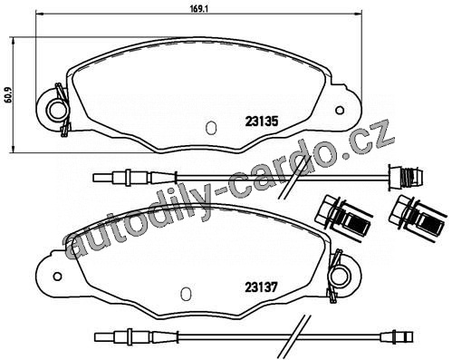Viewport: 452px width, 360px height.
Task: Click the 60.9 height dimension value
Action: (8, 95)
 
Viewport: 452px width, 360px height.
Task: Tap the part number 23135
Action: (261, 122)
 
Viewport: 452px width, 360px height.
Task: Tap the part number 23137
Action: (261, 287)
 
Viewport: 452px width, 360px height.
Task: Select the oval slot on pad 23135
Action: (210, 127)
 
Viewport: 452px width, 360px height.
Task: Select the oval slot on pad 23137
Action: (186, 294)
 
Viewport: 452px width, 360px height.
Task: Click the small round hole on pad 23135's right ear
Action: (340, 110)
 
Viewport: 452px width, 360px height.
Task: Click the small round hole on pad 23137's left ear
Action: (57, 276)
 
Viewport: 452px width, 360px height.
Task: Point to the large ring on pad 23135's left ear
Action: (56, 110)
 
